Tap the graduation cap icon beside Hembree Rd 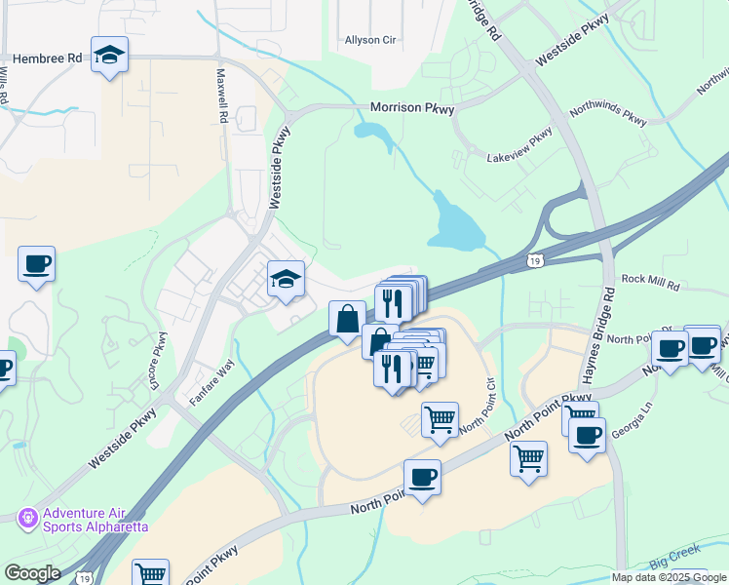coord(109,56)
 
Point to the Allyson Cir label coord(369,41)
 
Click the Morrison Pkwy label coord(412,108)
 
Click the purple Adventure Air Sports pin coord(27,515)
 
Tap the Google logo coord(32,573)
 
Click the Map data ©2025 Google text coord(669,577)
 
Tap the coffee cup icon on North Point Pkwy coord(421,478)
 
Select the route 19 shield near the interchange coord(533,260)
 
